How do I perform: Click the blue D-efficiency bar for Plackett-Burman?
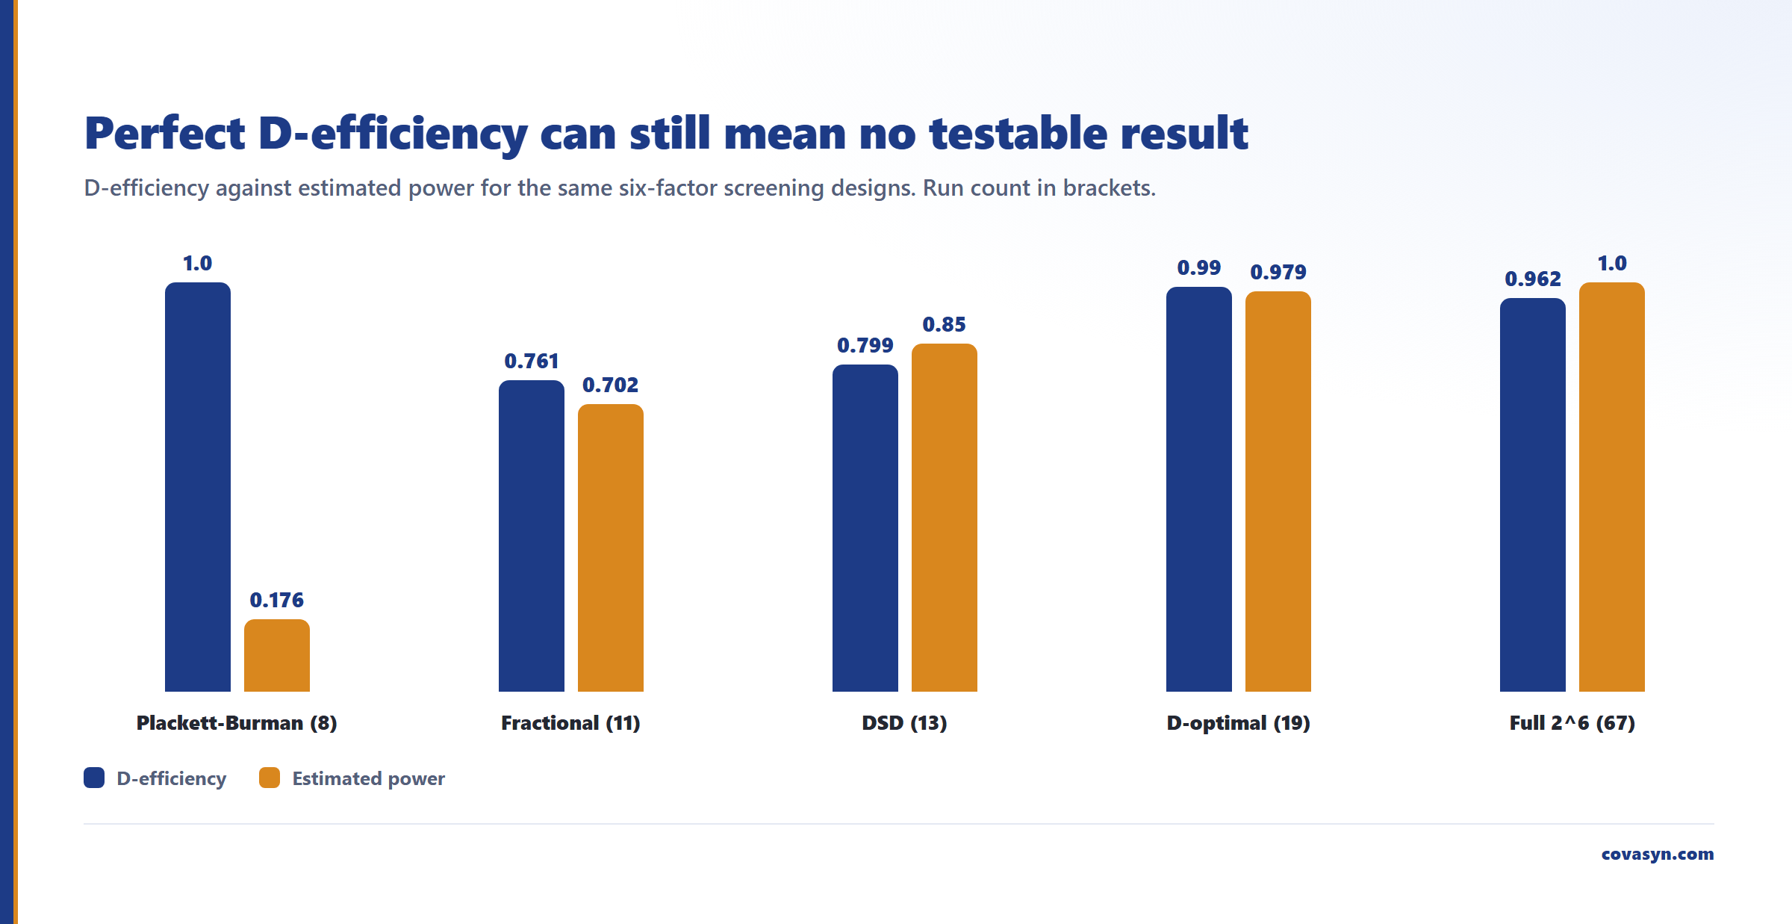click(x=198, y=487)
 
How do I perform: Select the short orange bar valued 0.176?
click(x=277, y=655)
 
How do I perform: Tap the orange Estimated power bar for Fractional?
click(x=611, y=548)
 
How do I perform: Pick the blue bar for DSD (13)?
click(x=865, y=528)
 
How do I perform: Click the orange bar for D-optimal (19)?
click(x=1278, y=492)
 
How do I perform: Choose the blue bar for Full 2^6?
click(x=1533, y=494)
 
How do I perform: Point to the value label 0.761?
click(x=532, y=362)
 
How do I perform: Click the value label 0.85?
click(x=945, y=325)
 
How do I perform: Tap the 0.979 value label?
click(x=1278, y=273)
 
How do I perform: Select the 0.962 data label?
click(x=1533, y=279)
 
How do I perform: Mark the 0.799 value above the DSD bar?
click(x=865, y=346)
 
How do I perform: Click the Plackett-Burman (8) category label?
click(x=237, y=723)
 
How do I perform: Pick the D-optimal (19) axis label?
click(x=1239, y=723)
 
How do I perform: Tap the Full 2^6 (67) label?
click(x=1572, y=723)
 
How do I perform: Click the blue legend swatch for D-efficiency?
click(x=94, y=778)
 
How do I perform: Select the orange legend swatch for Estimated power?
click(x=270, y=778)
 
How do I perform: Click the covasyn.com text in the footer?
click(x=1658, y=854)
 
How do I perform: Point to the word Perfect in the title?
click(x=165, y=134)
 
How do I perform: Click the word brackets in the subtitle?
click(x=1109, y=187)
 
